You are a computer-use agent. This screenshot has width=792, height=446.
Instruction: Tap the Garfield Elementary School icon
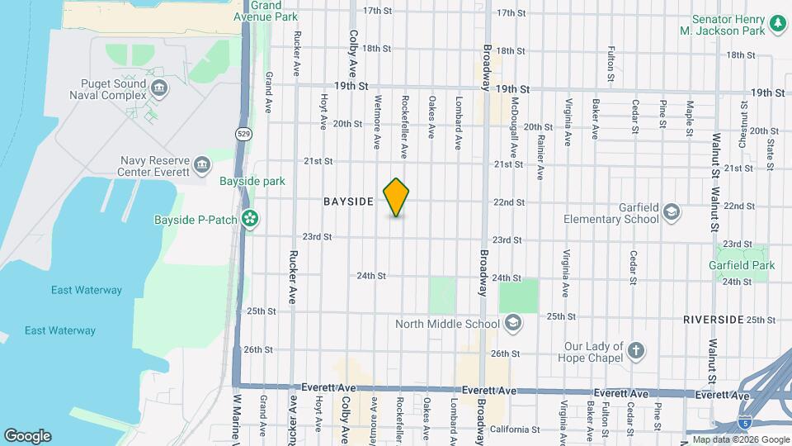671,211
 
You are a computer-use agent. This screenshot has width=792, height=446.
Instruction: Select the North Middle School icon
512,323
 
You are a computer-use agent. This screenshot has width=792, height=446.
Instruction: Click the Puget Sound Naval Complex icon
160,86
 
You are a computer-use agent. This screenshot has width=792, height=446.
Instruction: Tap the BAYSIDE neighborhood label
349,202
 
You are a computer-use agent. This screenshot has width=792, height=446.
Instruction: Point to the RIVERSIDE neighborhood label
713,319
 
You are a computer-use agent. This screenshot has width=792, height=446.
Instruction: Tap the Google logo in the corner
26,436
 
